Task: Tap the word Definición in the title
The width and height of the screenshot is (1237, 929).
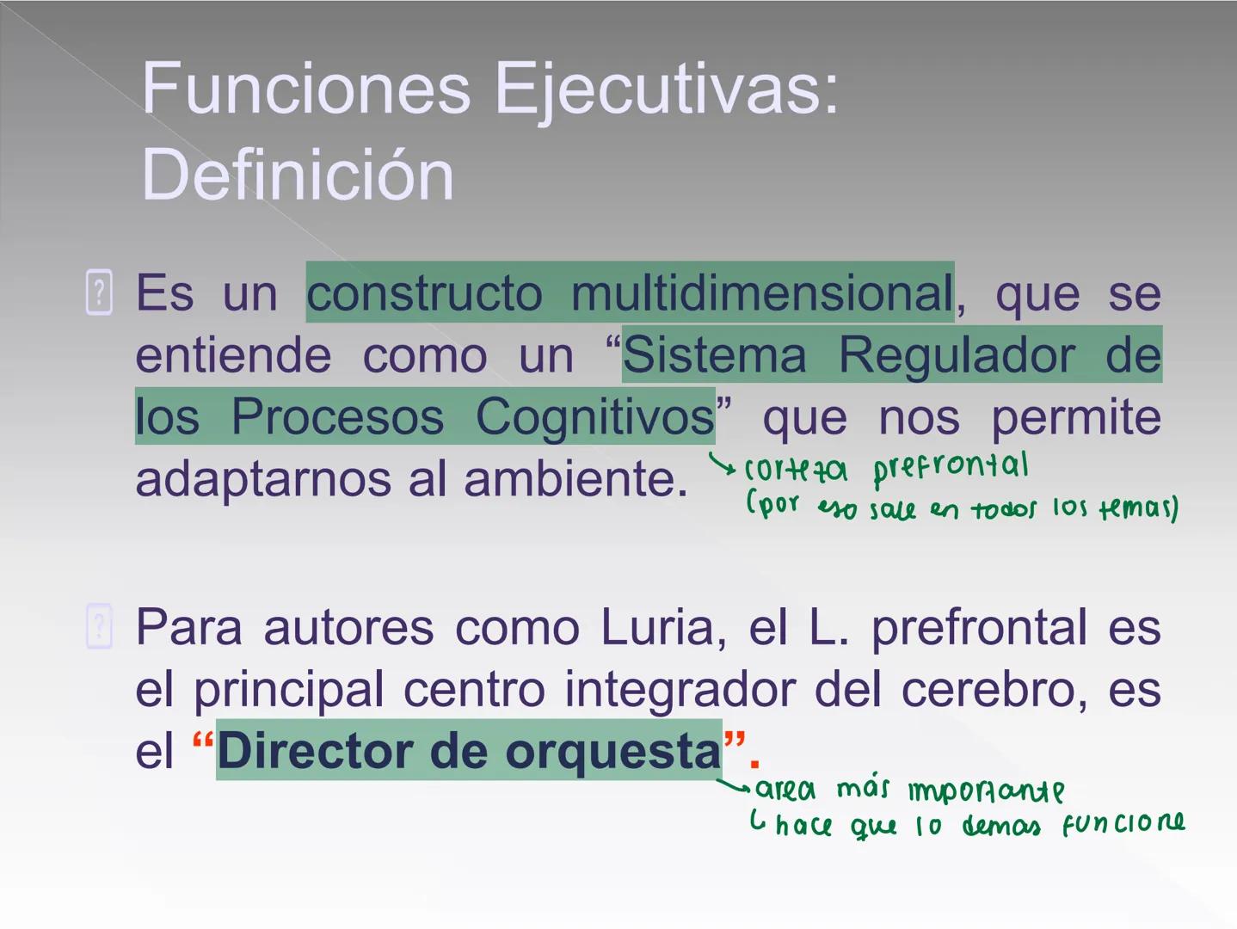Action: [297, 175]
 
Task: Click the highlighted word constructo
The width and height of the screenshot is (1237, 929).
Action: [425, 293]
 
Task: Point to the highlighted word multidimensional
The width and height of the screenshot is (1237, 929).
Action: [761, 293]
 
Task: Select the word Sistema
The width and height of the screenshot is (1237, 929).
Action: [715, 355]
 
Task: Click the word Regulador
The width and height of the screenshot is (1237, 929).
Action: [957, 355]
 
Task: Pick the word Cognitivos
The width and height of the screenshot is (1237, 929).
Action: [594, 417]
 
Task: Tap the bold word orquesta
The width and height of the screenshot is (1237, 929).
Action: [612, 751]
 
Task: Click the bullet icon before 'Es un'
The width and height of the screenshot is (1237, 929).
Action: [100, 292]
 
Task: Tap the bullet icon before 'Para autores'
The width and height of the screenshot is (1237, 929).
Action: [100, 626]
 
